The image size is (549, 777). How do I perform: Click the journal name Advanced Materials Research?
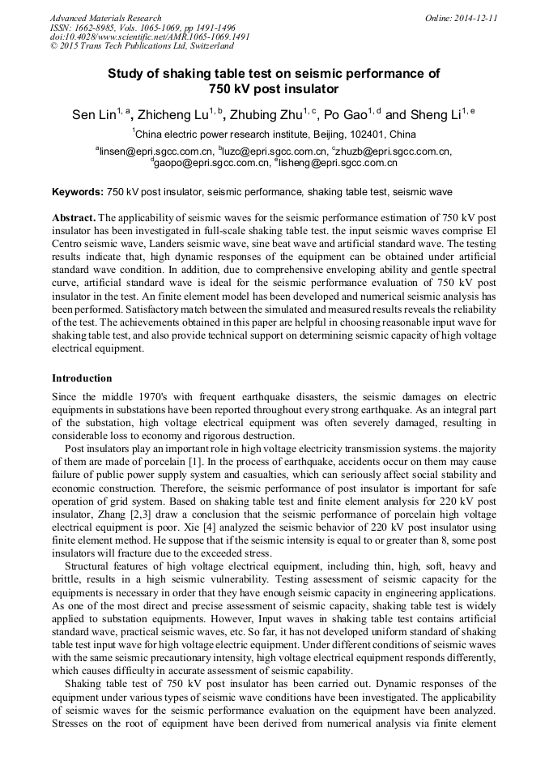tap(105, 18)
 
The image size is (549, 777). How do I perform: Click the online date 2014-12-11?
tap(479, 18)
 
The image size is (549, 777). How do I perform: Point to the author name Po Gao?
tap(346, 116)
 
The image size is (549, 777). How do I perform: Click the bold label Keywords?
tap(78, 193)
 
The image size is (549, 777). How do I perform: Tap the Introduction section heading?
tap(82, 378)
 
